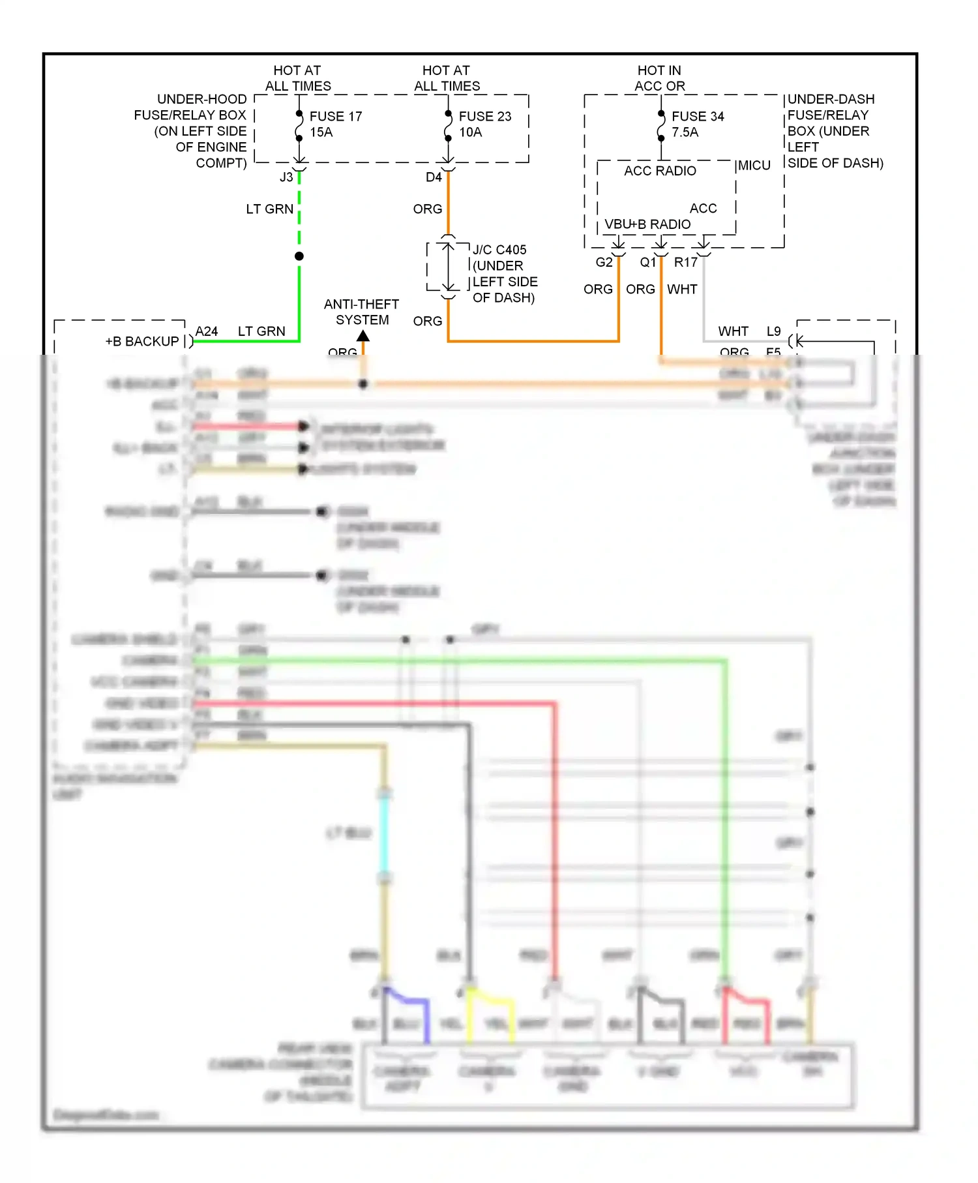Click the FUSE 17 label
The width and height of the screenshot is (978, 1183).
point(335,116)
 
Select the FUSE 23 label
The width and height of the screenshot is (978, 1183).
point(484,116)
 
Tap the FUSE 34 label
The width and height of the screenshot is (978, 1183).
point(698,116)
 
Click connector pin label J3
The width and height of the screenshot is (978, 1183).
point(286,177)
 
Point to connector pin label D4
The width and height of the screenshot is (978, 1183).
point(434,177)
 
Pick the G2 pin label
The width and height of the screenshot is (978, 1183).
point(604,262)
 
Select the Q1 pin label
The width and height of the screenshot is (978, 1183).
point(647,262)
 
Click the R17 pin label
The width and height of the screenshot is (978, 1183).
point(685,262)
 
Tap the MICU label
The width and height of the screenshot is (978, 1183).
point(754,166)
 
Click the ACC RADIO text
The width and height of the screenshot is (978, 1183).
point(660,171)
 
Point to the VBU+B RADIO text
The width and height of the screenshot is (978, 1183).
point(647,224)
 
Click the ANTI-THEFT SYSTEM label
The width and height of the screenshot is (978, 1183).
point(362,312)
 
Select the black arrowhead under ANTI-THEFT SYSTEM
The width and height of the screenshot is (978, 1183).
point(363,336)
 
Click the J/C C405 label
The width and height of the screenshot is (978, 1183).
point(499,250)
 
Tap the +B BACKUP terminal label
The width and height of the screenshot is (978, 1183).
point(142,341)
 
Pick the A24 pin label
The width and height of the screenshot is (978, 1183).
point(207,331)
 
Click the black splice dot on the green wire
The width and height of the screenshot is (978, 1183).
point(299,256)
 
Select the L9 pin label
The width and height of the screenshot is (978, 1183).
point(773,331)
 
